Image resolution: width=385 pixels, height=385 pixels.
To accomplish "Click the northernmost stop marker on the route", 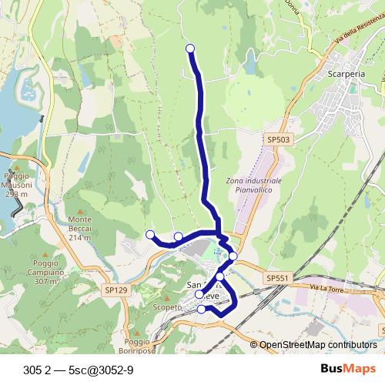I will (190, 49).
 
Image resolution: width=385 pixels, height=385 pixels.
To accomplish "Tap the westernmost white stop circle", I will (150, 234).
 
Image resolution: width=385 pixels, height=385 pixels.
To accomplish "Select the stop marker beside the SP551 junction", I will (233, 256).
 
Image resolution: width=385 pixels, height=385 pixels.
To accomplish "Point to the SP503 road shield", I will (278, 139).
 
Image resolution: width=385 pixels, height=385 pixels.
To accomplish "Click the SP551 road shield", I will (277, 277).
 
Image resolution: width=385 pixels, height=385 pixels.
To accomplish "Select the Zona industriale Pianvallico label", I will (254, 184).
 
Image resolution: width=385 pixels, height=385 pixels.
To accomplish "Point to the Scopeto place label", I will (167, 307).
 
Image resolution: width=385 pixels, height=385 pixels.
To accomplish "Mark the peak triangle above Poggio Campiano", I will (47, 253).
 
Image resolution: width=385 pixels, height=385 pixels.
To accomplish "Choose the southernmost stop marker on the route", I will (202, 310).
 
